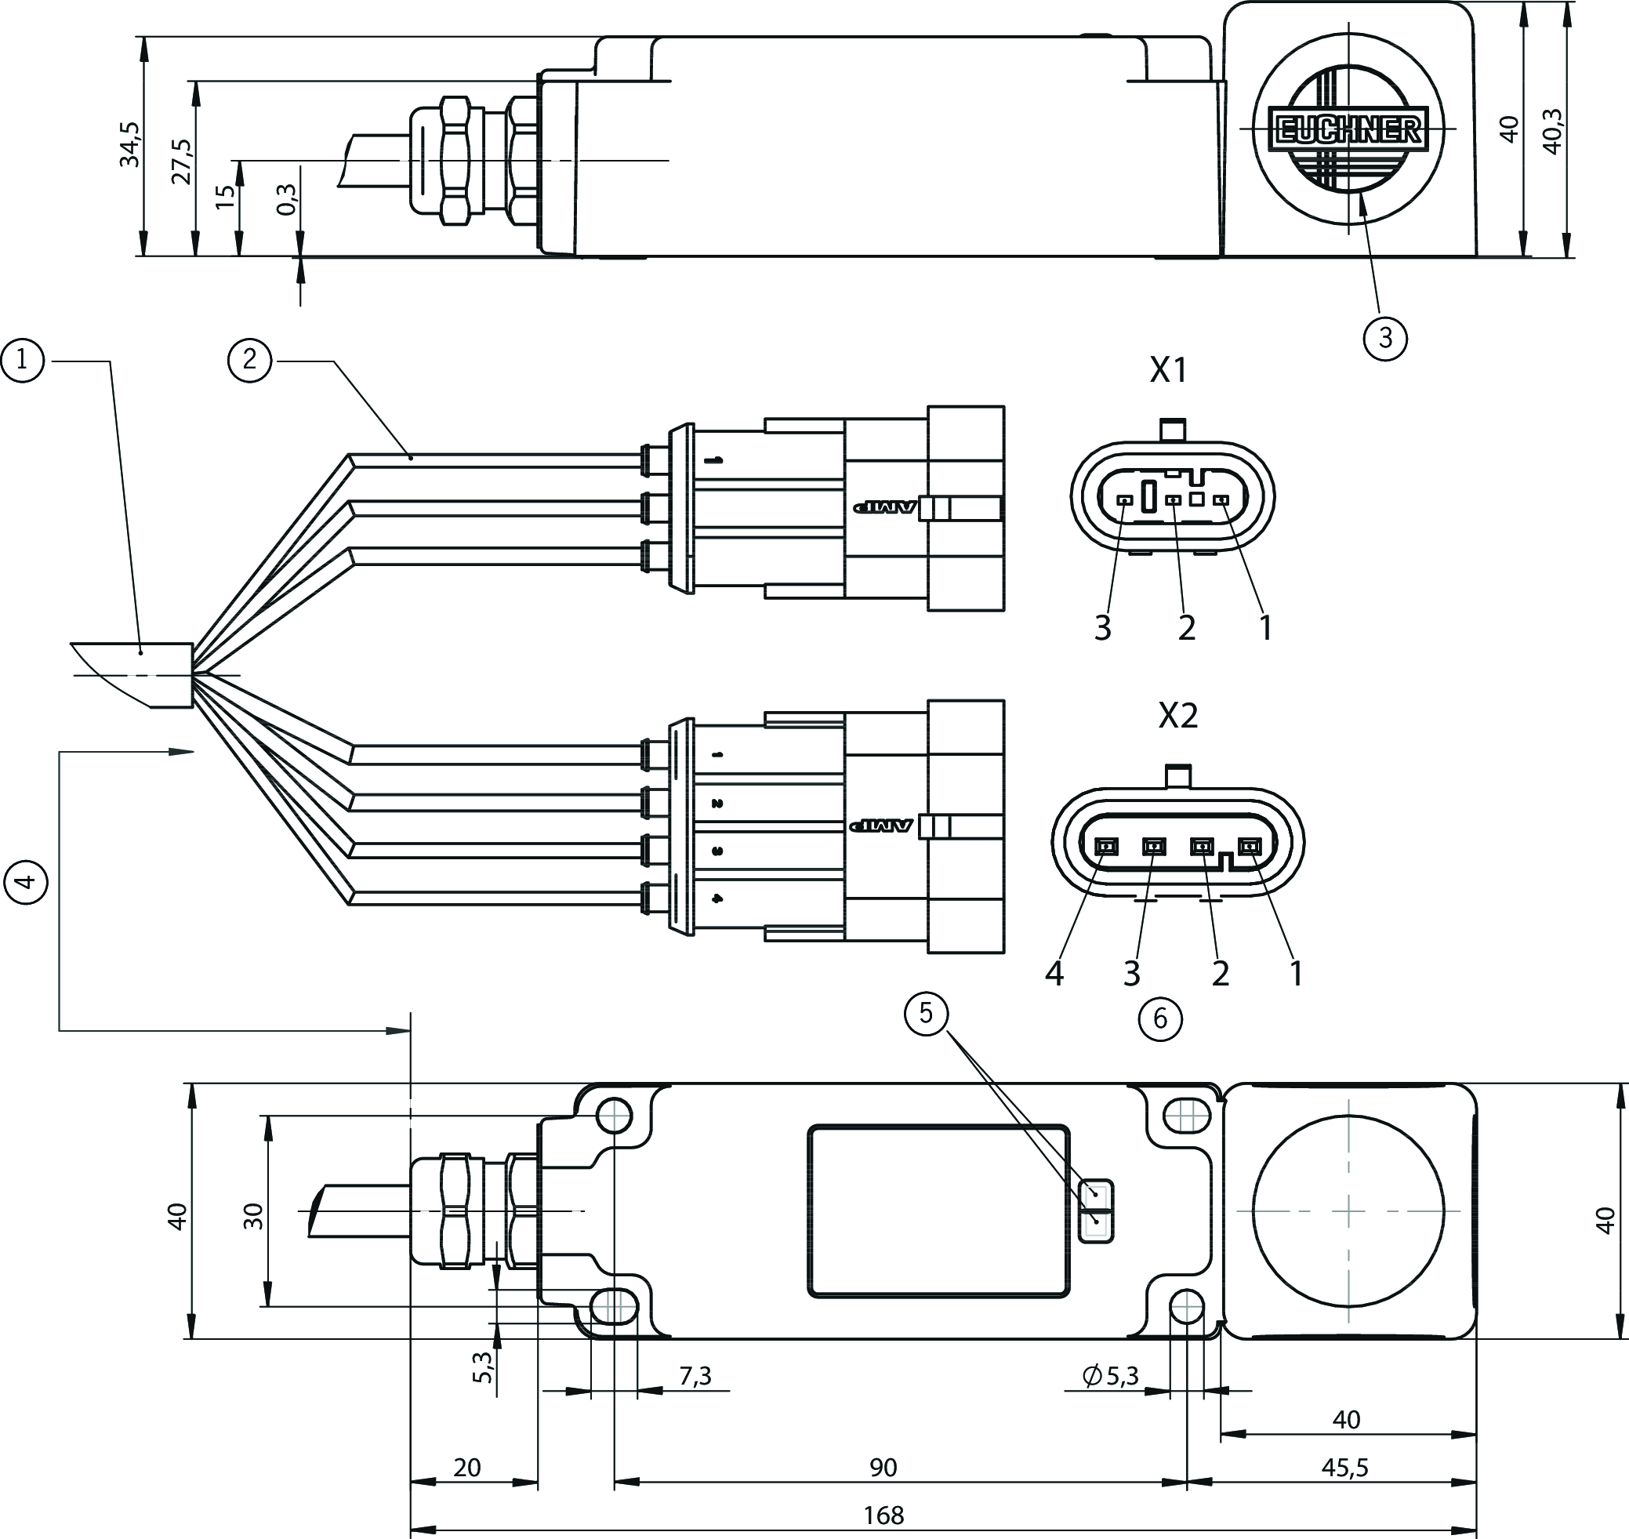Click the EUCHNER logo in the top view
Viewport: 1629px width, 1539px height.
(x=1348, y=129)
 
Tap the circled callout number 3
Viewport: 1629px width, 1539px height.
(x=1385, y=338)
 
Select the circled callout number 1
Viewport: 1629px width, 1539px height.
(x=22, y=360)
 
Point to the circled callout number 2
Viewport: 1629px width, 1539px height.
(x=249, y=360)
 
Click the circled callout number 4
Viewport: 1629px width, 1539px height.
(x=25, y=881)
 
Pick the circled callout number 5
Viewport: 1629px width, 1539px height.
(x=925, y=1014)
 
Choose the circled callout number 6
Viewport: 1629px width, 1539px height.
(x=1160, y=1018)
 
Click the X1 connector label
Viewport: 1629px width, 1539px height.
(x=1168, y=371)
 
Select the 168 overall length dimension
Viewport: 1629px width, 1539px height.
(x=883, y=1515)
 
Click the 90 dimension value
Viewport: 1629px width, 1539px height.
(x=883, y=1468)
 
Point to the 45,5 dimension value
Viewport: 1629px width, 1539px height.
(x=1344, y=1468)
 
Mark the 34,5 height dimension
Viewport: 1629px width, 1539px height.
(x=130, y=144)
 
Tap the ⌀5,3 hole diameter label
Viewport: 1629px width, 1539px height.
(x=1112, y=1376)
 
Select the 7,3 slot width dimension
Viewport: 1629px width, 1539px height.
(x=695, y=1377)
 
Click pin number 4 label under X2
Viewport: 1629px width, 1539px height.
(x=1055, y=974)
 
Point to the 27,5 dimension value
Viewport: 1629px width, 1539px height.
(x=182, y=162)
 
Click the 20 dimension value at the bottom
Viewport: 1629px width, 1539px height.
(x=466, y=1468)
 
